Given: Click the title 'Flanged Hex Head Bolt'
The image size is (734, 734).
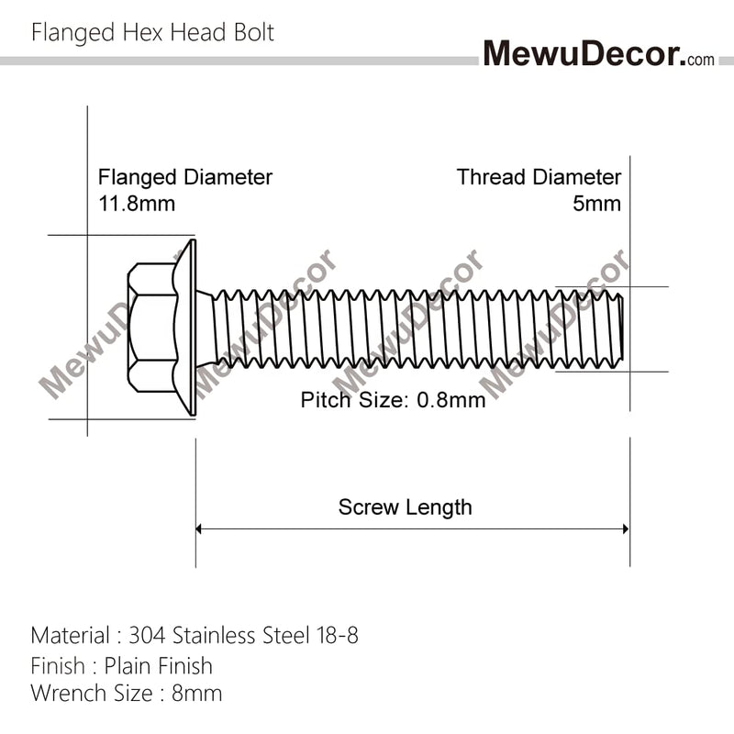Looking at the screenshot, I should (x=152, y=33).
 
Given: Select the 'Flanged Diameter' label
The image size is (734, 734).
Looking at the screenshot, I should (x=184, y=177).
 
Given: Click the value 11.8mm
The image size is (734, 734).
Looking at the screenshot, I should (x=137, y=203).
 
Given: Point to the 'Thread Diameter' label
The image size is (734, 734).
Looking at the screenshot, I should (x=539, y=177).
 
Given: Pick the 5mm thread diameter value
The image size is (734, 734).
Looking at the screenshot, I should (x=597, y=203).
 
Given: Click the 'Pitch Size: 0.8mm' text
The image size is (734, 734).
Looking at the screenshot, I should (x=393, y=400).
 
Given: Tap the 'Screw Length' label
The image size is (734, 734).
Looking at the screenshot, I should (x=405, y=507).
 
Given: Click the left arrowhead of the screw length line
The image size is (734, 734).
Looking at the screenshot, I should (x=200, y=528).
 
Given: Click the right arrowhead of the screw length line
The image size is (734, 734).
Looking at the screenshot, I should (x=625, y=528).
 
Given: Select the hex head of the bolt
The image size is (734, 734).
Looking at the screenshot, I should (x=152, y=327).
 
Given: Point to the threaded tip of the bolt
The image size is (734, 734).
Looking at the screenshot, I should (x=617, y=328).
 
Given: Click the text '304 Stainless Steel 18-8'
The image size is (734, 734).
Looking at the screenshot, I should (x=243, y=635).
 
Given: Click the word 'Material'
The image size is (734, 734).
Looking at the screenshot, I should (x=70, y=635).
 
